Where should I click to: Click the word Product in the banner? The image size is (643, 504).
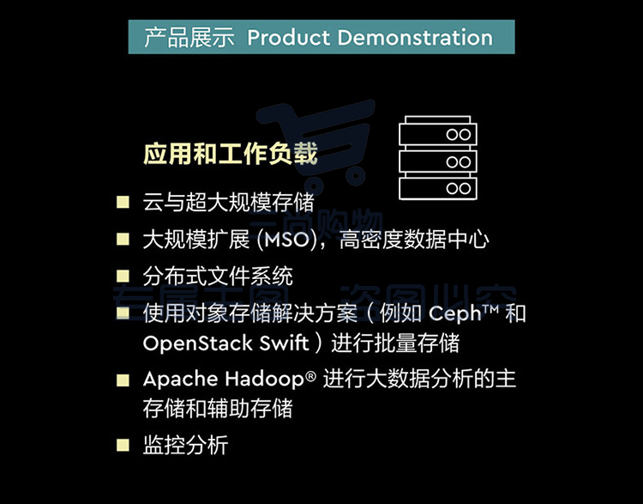(x=289, y=38)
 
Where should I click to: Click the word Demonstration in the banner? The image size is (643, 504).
(x=415, y=38)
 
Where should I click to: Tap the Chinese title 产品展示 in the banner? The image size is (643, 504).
(x=189, y=38)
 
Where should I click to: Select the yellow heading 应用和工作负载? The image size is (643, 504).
(x=231, y=154)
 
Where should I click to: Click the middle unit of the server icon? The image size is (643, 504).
(x=437, y=161)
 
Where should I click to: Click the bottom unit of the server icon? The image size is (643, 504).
(x=437, y=188)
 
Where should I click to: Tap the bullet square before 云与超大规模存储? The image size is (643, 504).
(x=123, y=202)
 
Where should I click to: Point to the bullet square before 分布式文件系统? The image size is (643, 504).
(x=123, y=276)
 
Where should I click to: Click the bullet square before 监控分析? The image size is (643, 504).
(x=123, y=446)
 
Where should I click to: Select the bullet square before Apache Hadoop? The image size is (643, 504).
(x=123, y=380)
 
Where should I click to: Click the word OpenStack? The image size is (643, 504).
(x=198, y=343)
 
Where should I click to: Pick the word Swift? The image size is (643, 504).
(x=284, y=343)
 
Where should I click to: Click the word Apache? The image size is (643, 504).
(x=180, y=380)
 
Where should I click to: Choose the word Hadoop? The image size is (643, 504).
(x=265, y=380)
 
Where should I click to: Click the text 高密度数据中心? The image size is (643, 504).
(x=414, y=240)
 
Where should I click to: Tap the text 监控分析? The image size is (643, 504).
(x=185, y=446)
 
